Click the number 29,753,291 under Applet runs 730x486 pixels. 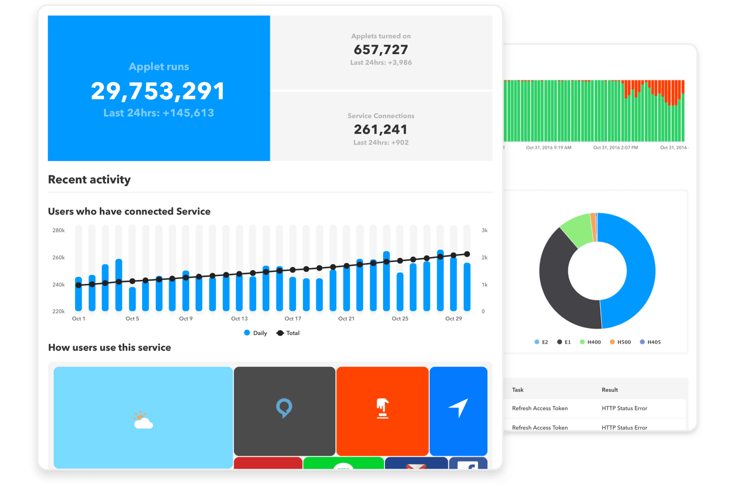158,91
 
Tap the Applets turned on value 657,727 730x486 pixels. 381,49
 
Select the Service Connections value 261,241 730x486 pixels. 381,129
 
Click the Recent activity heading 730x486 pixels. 89,179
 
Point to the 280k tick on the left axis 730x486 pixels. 59,230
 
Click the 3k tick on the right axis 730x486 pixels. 484,230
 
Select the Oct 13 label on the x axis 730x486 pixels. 239,318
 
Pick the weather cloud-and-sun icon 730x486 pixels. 143,420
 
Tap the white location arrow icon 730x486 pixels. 458,407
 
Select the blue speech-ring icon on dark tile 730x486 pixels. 284,408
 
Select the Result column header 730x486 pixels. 609,390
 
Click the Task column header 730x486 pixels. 518,390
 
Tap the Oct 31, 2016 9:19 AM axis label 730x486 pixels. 548,148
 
